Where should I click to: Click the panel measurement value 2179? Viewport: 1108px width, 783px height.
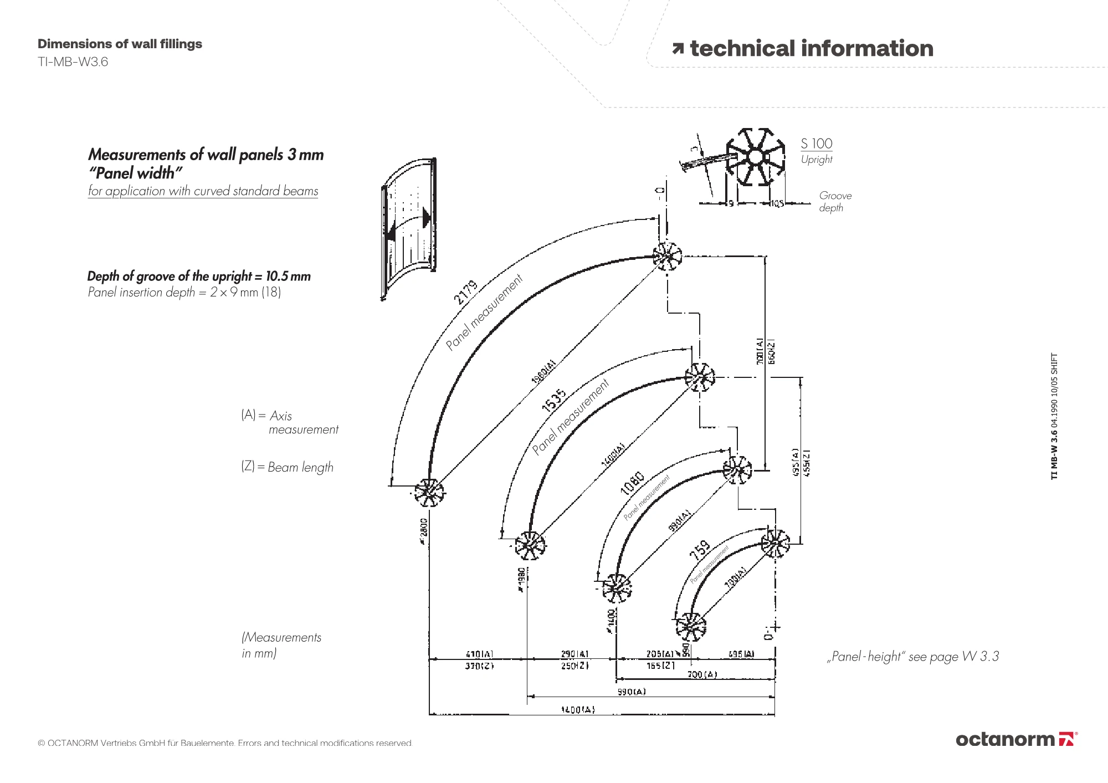(465, 292)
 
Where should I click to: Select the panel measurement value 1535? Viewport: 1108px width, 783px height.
(554, 400)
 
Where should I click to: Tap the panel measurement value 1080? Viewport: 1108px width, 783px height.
(632, 483)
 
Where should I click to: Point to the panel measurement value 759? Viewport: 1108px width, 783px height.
(700, 550)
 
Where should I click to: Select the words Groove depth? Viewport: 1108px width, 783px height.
(835, 202)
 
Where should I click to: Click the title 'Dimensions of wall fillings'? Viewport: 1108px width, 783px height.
(120, 44)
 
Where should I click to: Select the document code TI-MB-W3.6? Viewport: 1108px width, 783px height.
(73, 62)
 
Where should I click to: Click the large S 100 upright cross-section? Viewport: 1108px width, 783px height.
(756, 158)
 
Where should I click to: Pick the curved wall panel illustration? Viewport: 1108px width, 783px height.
(409, 228)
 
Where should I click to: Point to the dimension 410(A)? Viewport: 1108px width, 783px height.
(479, 654)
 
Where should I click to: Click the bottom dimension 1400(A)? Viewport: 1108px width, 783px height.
(578, 709)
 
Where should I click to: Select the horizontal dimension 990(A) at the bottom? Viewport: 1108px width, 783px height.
(632, 692)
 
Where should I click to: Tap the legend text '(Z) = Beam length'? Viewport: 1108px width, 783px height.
(287, 467)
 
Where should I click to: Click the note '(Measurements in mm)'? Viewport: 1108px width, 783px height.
(281, 645)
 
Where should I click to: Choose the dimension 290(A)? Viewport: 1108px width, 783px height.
(574, 654)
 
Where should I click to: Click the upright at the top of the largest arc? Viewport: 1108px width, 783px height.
(666, 257)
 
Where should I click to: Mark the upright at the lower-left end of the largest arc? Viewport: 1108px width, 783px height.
(429, 492)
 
